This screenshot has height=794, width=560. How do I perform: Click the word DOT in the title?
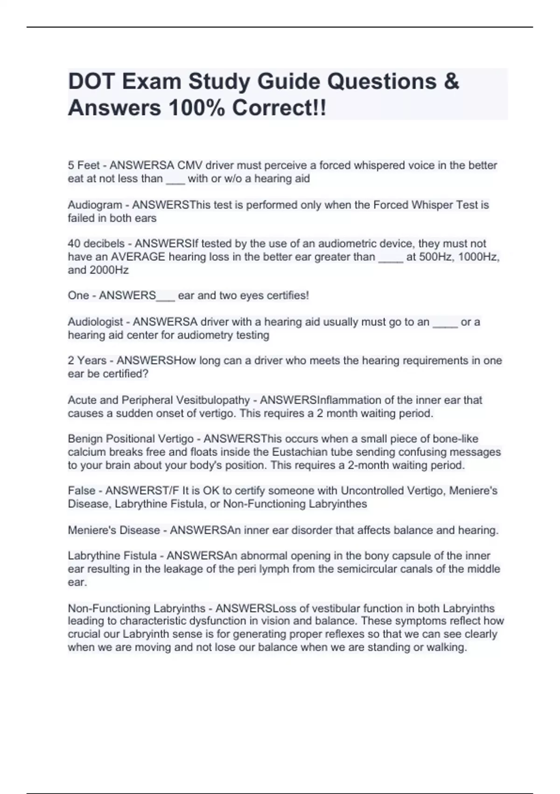[91, 82]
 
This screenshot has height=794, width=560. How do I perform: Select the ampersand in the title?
[451, 82]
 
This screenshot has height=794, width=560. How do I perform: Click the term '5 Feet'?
[84, 165]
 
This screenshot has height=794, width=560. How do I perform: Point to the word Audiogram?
[95, 205]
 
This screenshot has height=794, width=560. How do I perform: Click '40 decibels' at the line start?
[96, 244]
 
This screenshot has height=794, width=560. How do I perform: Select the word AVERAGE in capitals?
[138, 257]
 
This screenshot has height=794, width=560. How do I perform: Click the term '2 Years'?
[87, 361]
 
